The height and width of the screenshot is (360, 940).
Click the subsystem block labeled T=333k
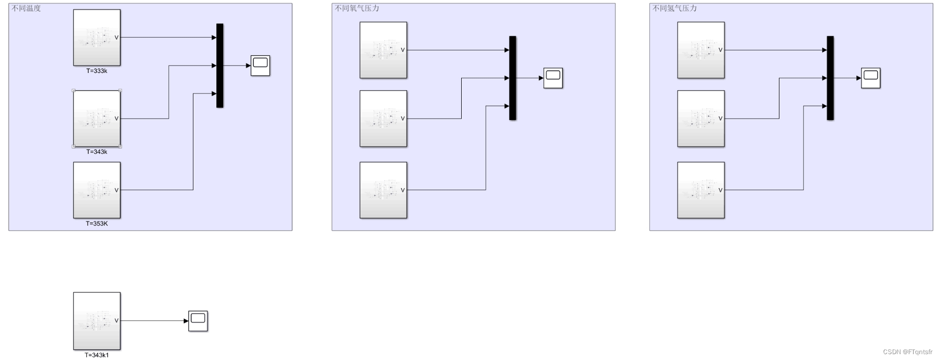coord(96,38)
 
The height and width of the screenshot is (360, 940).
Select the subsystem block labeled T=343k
coord(96,119)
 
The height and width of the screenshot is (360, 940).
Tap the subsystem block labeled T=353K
coord(96,190)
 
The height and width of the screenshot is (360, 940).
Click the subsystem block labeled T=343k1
coord(96,321)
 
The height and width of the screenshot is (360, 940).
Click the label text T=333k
coord(96,71)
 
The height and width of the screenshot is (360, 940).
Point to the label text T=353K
coord(96,224)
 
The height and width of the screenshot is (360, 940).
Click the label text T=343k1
coord(96,355)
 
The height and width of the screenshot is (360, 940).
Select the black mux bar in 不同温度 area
coord(220,66)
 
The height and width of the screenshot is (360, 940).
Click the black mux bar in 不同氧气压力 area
coord(513,78)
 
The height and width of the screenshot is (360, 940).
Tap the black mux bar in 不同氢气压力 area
coord(830,78)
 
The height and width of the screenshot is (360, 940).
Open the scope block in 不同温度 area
coord(260,66)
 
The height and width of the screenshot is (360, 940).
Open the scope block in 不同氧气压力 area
coord(553,78)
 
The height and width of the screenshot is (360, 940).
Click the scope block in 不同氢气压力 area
coord(870,78)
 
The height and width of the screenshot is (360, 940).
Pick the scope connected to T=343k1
coord(198,321)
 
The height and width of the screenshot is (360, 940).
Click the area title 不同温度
coord(26,8)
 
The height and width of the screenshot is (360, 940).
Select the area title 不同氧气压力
coord(357,8)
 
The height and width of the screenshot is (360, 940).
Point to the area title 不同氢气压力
coord(675,8)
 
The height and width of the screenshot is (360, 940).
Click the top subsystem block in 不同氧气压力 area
coord(383,50)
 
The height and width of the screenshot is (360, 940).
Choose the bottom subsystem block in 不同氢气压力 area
coord(701,190)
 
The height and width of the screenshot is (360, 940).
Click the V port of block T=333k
coord(117,38)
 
